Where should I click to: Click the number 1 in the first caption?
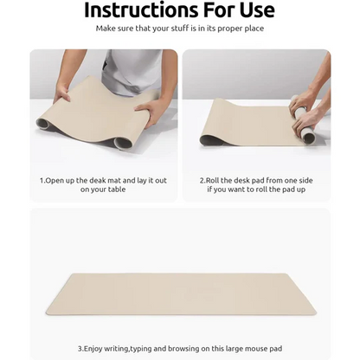pos(42,180)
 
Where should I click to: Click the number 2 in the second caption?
pos(202,180)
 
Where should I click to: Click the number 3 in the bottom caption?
pos(80,348)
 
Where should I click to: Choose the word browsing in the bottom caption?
pos(186,348)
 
